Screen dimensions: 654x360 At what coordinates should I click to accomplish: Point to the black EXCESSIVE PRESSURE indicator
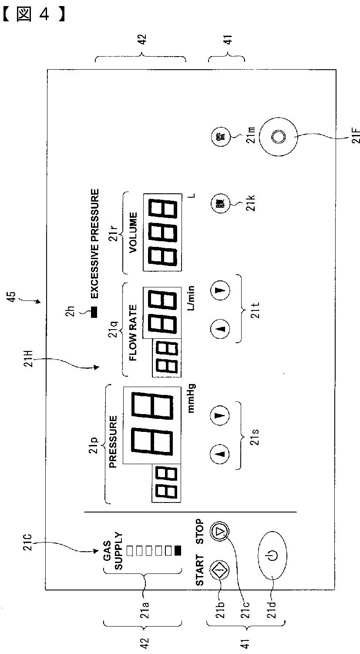pos(94,312)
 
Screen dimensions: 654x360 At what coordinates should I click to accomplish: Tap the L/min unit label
pos(192,298)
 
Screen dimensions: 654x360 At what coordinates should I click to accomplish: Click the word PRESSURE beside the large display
pos(113,442)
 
